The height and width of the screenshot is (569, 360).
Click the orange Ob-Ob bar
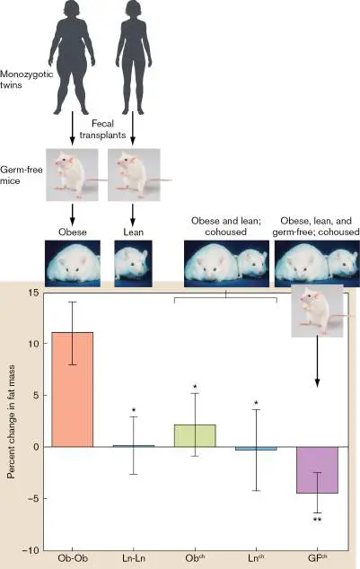pos(72,390)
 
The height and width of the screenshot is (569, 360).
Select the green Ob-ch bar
pos(195,435)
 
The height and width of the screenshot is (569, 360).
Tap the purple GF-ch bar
pos(318,470)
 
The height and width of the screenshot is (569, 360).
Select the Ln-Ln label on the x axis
pos(134,558)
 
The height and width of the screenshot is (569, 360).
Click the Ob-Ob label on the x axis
pos(73,558)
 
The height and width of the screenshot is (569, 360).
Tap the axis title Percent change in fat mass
pos(12,422)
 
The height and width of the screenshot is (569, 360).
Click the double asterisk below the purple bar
pos(317,520)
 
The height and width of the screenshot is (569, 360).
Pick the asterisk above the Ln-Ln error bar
pos(134,410)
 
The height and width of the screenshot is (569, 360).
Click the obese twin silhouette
pos(72,57)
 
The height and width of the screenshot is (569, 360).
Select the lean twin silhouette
pos(133,57)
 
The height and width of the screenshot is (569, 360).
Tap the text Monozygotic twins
pos(26,80)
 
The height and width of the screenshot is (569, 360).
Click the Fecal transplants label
pos(102,129)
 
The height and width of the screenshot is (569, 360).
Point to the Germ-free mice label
pos(21,175)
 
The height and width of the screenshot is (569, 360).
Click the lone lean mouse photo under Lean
pos(133,264)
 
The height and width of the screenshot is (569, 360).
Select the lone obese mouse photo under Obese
pos(73,264)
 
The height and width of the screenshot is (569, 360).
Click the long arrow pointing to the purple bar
pos(317,362)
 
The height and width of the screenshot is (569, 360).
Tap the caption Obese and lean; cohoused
pos(226,226)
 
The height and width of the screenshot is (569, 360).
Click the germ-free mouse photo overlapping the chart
pos(318,311)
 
